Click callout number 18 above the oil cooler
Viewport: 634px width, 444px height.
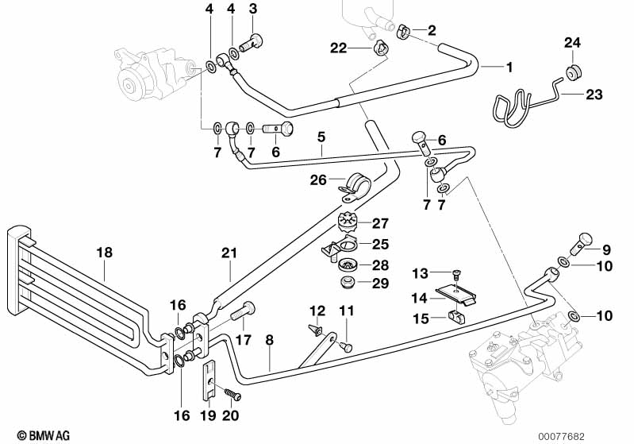pyautogui.click(x=105, y=253)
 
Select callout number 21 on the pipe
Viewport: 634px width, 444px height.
pyautogui.click(x=229, y=253)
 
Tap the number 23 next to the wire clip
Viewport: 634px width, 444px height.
pyautogui.click(x=594, y=95)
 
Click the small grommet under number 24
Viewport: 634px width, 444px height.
pyautogui.click(x=571, y=74)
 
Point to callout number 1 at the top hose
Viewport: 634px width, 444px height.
pyautogui.click(x=509, y=67)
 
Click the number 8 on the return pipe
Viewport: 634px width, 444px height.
pyautogui.click(x=270, y=340)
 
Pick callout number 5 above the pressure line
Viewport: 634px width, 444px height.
pyautogui.click(x=321, y=136)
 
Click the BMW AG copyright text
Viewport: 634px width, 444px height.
pyautogui.click(x=37, y=435)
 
